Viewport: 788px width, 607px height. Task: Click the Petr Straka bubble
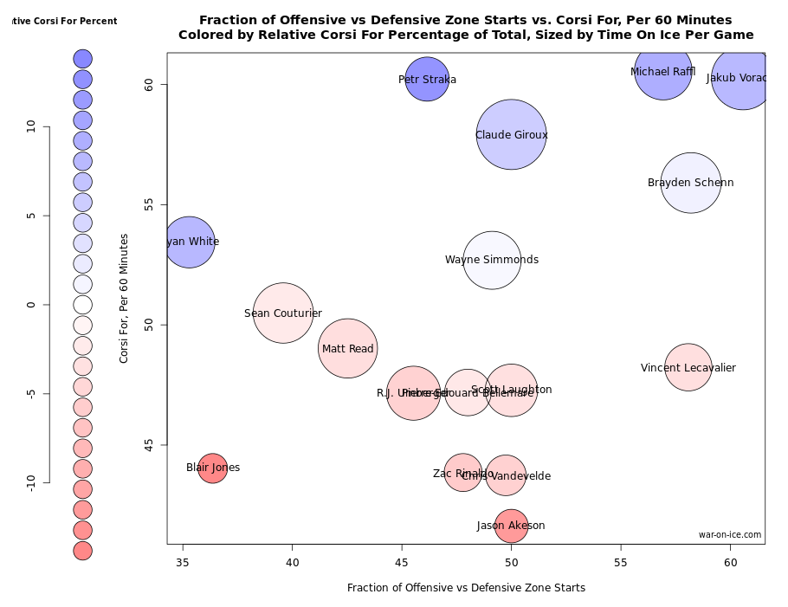[x=427, y=80]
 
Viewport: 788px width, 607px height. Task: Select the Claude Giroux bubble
[x=511, y=135]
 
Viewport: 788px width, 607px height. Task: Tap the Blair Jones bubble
[x=212, y=468]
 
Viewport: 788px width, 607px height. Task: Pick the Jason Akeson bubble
[x=511, y=526]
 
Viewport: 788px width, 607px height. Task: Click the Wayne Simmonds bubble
[x=492, y=260]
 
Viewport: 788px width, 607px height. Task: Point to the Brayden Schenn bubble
[x=691, y=183]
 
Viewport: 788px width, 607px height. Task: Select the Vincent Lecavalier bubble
[x=688, y=368]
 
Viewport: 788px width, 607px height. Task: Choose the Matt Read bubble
[x=348, y=349]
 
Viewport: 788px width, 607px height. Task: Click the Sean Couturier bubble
[x=283, y=313]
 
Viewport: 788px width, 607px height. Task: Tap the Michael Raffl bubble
[x=663, y=71]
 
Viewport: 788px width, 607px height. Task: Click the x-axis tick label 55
[x=621, y=563]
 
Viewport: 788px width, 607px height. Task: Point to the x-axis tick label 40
[x=292, y=563]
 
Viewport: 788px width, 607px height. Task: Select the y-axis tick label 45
[x=148, y=445]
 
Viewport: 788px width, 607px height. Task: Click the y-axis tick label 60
[x=148, y=85]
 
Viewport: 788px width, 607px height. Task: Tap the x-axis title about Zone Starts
[x=466, y=588]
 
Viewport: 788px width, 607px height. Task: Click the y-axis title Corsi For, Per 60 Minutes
[x=125, y=298]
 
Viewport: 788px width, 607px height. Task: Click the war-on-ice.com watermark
[x=730, y=535]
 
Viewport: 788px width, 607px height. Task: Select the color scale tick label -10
[x=31, y=482]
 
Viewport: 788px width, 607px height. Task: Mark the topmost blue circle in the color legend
[x=82, y=59]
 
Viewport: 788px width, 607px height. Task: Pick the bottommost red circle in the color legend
[x=82, y=551]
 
